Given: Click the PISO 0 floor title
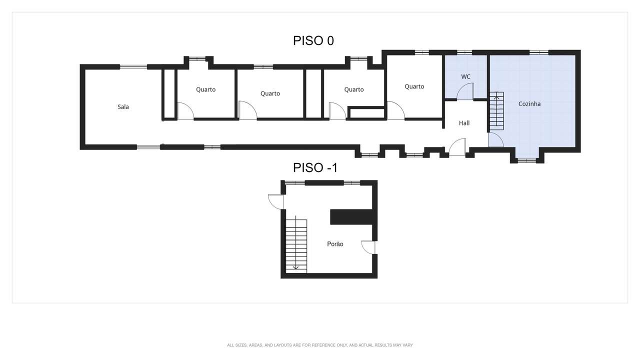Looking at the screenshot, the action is coord(313,41).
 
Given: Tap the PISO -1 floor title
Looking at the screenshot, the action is coord(315,167).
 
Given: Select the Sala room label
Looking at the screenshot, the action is coord(123,107).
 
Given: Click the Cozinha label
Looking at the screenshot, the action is coord(529,104).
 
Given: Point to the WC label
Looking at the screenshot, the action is coord(465,76).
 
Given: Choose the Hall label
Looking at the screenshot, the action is coord(464,123).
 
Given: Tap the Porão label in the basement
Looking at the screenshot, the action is coord(335,244).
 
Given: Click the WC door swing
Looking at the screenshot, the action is coord(465,91).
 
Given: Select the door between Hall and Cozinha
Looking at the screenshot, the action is coord(495,139).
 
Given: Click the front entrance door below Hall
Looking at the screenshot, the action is coord(457,147).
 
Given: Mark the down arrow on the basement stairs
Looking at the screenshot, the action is coord(296,243).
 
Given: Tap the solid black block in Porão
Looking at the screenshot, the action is coord(351,217).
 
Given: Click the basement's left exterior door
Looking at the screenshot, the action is coord(276,201).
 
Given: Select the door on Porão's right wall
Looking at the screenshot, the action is coord(368,247).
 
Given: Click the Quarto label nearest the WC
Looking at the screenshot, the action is coord(414,86).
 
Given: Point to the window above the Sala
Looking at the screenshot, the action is coord(133,67).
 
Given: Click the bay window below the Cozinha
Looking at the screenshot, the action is coord(527,161).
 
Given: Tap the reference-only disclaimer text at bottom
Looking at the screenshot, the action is coord(320,345).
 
